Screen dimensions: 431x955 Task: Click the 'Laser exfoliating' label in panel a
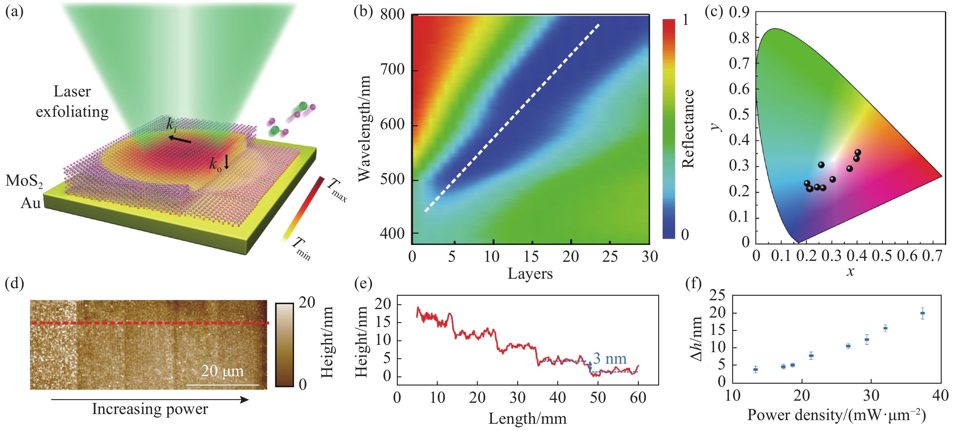(x=72, y=101)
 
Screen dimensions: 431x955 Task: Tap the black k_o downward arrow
(x=226, y=162)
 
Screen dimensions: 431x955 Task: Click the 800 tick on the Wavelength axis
(x=392, y=15)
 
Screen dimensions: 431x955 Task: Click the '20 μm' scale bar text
(x=222, y=371)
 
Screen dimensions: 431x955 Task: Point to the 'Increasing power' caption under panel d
(x=150, y=409)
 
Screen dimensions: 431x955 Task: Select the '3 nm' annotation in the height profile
(x=610, y=359)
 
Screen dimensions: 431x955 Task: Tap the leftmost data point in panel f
(x=756, y=369)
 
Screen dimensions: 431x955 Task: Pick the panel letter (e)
(x=363, y=284)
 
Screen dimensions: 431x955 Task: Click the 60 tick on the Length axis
(x=638, y=398)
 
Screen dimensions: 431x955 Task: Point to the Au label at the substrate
(x=30, y=203)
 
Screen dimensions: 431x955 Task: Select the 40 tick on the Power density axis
(x=940, y=396)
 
